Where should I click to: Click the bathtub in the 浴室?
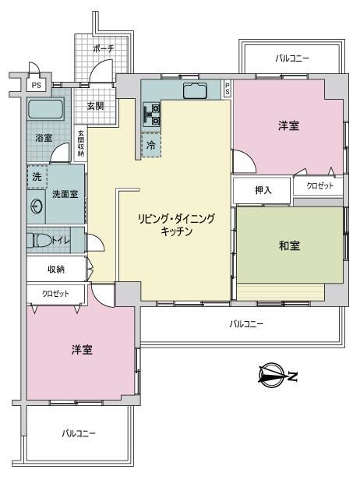46,108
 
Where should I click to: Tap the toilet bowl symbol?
40,240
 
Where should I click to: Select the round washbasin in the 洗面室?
36,206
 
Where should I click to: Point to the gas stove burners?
151,115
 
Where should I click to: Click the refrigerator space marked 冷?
151,145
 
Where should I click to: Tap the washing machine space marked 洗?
37,176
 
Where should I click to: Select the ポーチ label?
103,48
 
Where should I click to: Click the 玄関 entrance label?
96,106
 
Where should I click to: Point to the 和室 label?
289,245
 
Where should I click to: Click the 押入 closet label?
263,190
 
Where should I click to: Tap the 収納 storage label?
56,269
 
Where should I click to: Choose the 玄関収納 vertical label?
81,144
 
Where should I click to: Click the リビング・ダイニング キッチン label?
176,224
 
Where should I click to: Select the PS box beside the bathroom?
36,85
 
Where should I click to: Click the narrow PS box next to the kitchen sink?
228,89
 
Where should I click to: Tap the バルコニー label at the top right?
292,58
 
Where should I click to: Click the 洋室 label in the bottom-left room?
82,350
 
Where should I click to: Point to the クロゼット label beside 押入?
319,185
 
